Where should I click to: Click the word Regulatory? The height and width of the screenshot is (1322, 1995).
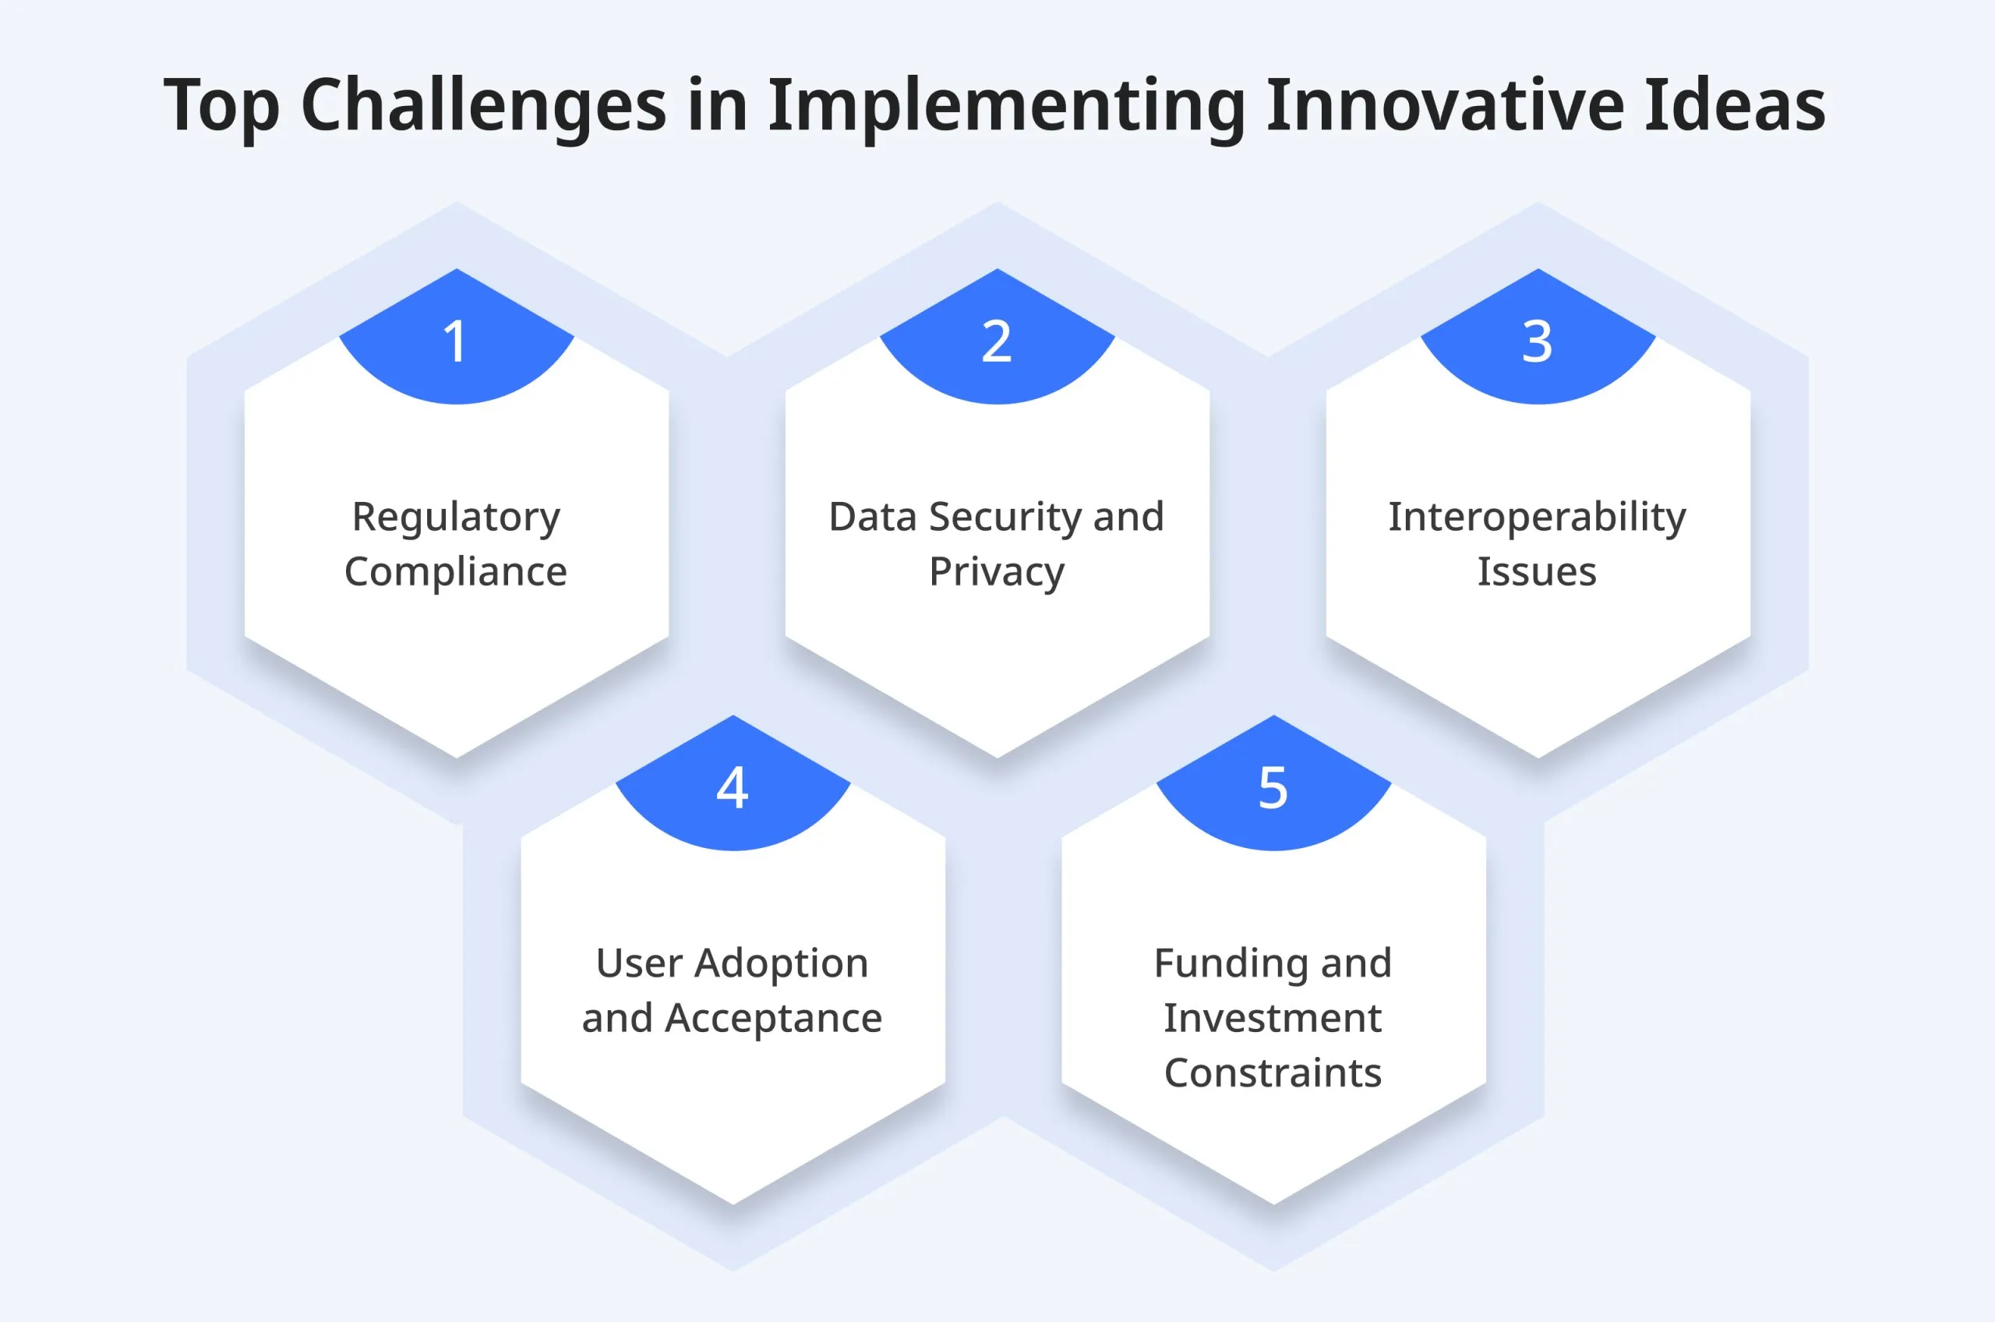point(456,517)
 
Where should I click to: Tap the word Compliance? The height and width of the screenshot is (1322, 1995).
point(456,572)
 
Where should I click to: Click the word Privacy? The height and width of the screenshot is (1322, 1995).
point(997,572)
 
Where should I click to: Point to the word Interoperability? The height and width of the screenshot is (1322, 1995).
point(1538,517)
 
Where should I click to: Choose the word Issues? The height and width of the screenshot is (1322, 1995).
point(1538,571)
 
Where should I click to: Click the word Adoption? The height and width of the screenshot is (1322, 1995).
point(781,963)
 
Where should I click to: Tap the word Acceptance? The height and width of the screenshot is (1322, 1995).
point(773,1019)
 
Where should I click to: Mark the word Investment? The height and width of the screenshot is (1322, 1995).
point(1273,1018)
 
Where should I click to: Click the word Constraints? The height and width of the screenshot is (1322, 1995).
point(1273,1073)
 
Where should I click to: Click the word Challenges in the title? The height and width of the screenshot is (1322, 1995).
point(484,106)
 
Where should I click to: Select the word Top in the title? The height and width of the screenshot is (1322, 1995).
point(221,106)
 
